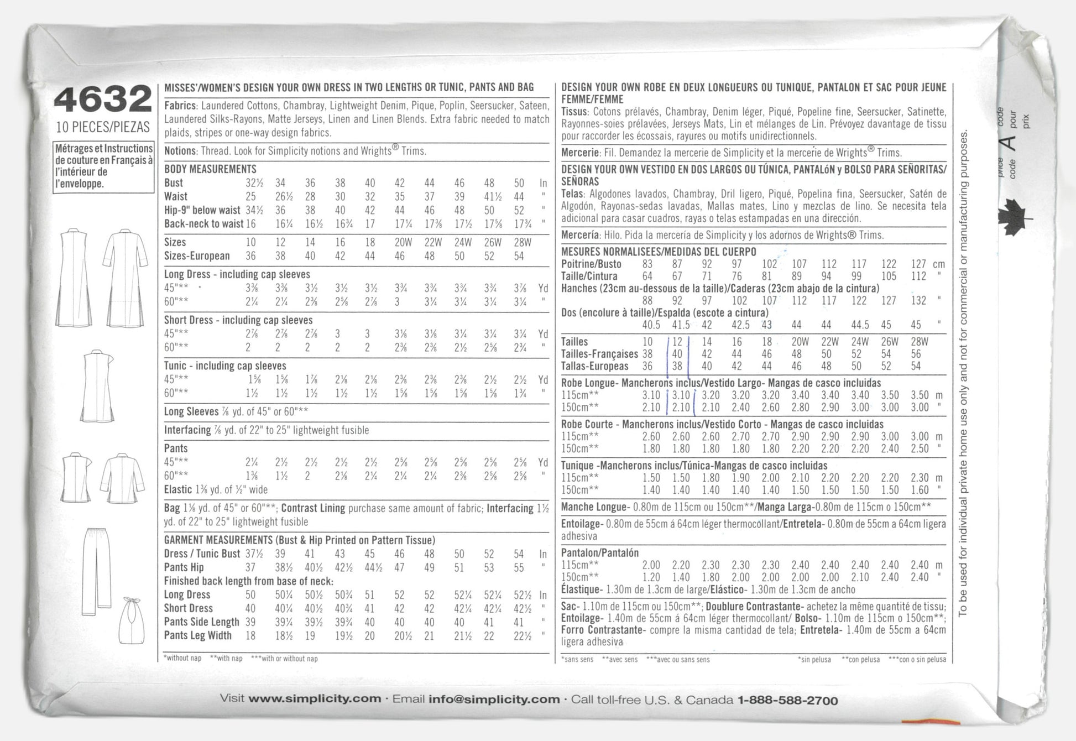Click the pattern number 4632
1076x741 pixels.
[x=103, y=100]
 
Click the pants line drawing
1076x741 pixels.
[x=96, y=571]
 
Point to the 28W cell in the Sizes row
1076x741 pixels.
[x=518, y=242]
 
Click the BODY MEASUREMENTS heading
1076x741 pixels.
[x=210, y=169]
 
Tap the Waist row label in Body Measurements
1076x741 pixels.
[x=176, y=196]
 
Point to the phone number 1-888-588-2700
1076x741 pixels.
[x=787, y=701]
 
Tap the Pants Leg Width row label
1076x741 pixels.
[x=197, y=635]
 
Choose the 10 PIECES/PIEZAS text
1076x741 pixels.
[x=103, y=127]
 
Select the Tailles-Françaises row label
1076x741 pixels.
[x=599, y=354]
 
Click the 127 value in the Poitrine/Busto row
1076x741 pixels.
[x=918, y=264]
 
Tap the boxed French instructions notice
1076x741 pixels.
[x=103, y=166]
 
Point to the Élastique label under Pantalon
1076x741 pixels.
[x=580, y=589]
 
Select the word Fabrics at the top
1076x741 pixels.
[x=180, y=106]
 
